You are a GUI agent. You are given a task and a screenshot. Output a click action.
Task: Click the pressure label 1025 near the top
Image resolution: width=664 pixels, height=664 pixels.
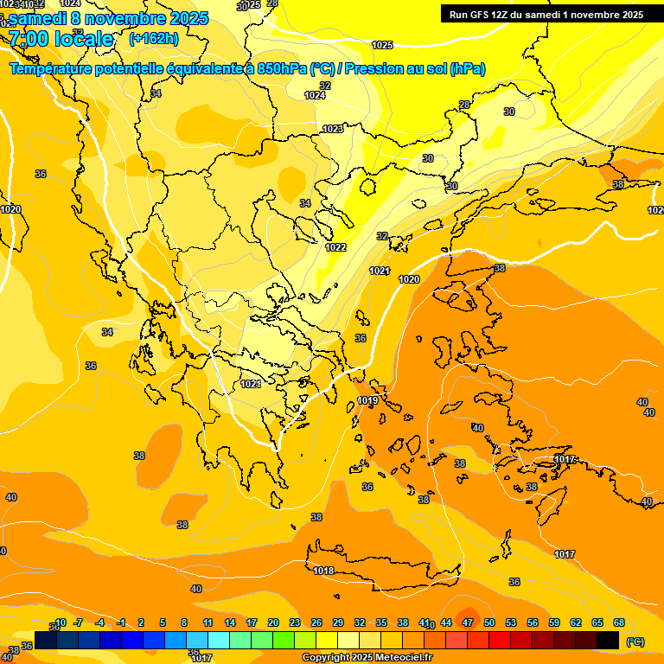click(382, 45)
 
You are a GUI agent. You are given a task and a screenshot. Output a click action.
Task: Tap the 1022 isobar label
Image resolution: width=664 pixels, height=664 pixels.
click(335, 247)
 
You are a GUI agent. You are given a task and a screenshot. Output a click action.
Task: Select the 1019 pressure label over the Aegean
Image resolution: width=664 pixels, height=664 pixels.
click(367, 400)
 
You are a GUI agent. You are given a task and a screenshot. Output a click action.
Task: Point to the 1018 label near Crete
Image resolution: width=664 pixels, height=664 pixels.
click(323, 571)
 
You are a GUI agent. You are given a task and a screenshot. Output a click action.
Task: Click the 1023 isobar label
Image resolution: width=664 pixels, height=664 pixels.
click(332, 129)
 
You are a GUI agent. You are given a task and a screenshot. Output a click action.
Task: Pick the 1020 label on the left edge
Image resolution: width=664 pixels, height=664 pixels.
click(10, 209)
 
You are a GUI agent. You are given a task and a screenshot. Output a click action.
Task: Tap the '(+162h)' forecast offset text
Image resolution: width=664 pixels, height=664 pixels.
click(153, 38)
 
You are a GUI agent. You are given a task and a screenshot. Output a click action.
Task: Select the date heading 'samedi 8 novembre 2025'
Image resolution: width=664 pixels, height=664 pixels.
click(108, 17)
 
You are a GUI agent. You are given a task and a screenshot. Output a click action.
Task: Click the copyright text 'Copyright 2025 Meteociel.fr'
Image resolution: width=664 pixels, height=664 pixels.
click(367, 658)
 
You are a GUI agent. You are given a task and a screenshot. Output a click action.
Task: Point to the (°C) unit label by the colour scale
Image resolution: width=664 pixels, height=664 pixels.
click(635, 642)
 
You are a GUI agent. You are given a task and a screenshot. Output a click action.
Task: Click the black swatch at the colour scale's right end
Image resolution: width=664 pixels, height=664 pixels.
click(608, 640)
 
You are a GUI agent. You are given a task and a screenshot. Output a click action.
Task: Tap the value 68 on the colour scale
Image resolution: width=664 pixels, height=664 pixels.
click(619, 622)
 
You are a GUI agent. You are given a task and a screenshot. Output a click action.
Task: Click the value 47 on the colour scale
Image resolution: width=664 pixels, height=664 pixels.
click(468, 622)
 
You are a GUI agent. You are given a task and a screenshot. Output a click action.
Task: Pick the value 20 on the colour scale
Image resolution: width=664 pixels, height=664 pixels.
click(273, 622)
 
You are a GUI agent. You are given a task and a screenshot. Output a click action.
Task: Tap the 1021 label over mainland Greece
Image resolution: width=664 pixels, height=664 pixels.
click(251, 384)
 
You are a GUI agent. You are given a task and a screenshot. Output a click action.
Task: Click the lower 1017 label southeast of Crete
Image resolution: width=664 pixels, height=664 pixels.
click(565, 554)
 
